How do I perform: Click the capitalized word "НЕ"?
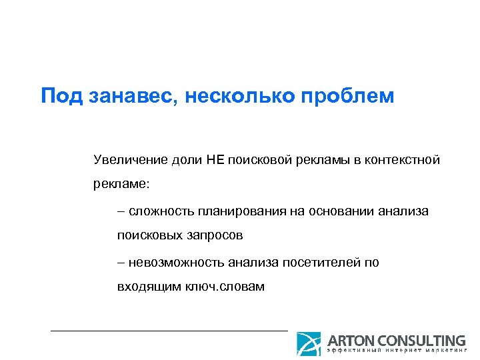[x=215, y=160]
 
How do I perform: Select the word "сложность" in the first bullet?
[x=159, y=211]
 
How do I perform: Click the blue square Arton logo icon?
[x=309, y=344]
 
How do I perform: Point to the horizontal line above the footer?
[x=169, y=330]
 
